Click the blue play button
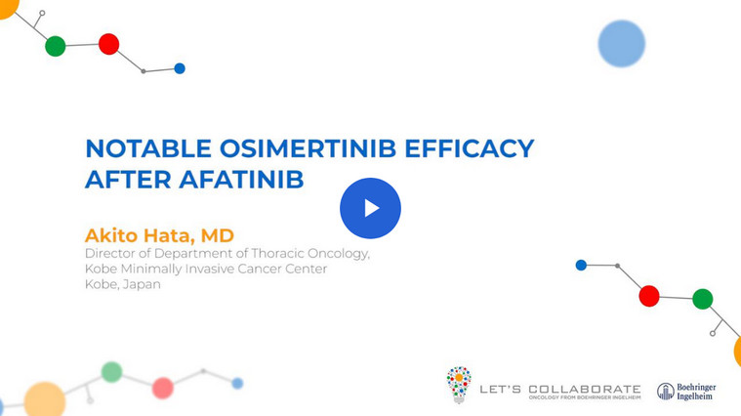point(370,208)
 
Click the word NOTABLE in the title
point(148,148)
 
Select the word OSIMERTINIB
point(308,148)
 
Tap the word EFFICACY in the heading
point(470,148)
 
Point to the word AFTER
point(128,180)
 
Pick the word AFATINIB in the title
point(241,180)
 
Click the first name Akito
point(111,235)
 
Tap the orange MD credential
point(218,235)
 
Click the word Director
point(109,253)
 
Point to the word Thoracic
point(277,253)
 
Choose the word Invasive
point(209,269)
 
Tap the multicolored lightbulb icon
point(459,385)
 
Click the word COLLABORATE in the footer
point(584,389)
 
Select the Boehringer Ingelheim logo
point(686,392)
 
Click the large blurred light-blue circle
point(622,44)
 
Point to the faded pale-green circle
point(112,372)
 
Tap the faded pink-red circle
point(163,388)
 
